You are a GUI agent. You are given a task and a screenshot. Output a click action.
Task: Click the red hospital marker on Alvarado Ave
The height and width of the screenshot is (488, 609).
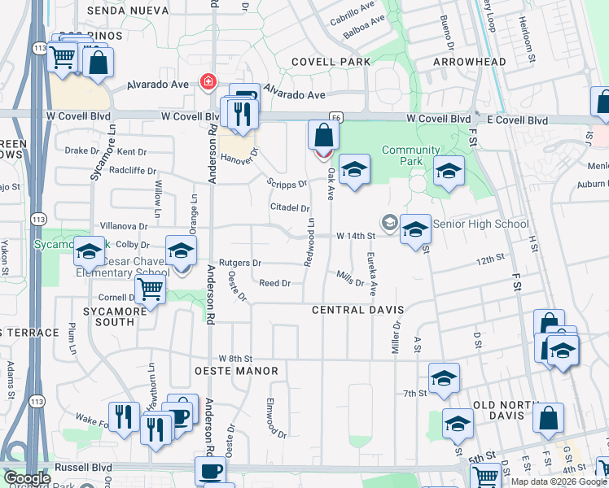(208, 82)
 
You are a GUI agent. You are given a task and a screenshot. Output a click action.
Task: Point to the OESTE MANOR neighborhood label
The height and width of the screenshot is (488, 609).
(237, 371)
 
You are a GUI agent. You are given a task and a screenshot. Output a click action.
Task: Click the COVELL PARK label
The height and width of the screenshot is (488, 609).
(331, 62)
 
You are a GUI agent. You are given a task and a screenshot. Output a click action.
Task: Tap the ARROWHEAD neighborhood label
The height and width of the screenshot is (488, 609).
(469, 62)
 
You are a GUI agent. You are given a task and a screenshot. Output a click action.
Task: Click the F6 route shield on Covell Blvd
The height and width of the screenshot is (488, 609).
(335, 117)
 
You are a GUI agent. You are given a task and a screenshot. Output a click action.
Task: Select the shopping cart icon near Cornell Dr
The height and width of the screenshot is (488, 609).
(150, 289)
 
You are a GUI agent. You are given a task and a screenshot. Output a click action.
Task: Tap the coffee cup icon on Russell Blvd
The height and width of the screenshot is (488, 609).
(210, 471)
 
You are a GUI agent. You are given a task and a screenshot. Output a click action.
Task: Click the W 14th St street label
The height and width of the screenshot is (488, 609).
(354, 236)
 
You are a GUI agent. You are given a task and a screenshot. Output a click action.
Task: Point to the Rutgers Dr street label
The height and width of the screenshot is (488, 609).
(239, 263)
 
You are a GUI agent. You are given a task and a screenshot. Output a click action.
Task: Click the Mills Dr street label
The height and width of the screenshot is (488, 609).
(350, 279)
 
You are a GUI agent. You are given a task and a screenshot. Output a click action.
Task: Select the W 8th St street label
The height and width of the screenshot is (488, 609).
(236, 359)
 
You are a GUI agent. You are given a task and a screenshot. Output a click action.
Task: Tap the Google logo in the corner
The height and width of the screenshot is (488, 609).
(27, 479)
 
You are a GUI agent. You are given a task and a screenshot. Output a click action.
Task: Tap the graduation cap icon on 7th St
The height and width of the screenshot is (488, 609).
(443, 378)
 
